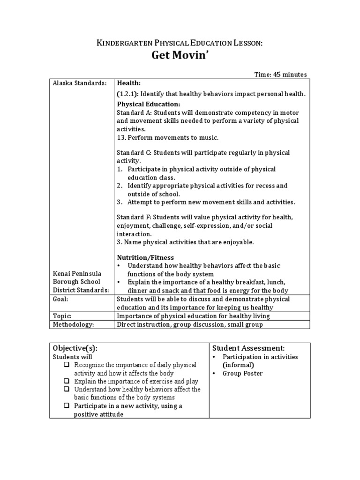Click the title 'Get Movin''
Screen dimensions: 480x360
pyautogui.click(x=180, y=56)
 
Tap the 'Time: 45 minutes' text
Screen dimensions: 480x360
pyautogui.click(x=280, y=74)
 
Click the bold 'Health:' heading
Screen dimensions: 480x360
pyautogui.click(x=129, y=83)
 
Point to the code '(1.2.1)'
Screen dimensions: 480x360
pyautogui.click(x=127, y=94)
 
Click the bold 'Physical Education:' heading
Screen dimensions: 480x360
pyautogui.click(x=148, y=104)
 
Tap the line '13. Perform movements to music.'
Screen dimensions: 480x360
pyautogui.click(x=167, y=137)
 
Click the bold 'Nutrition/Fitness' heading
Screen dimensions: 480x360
pyautogui.click(x=145, y=257)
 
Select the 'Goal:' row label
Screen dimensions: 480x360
pyautogui.click(x=61, y=299)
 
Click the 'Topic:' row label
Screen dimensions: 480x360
pyautogui.click(x=62, y=316)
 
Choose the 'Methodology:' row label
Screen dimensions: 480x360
pyautogui.click(x=74, y=324)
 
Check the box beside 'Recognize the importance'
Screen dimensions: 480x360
pyautogui.click(x=67, y=365)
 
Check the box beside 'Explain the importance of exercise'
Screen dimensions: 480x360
pyautogui.click(x=67, y=382)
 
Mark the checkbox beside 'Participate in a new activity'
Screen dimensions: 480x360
pyautogui.click(x=67, y=406)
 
